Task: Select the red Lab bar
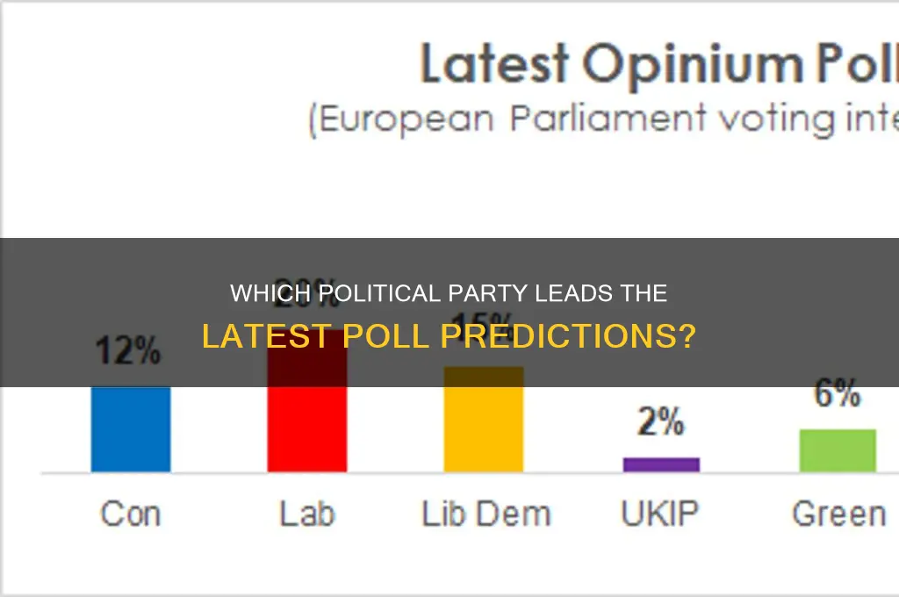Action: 307,421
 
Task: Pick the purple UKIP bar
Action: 661,464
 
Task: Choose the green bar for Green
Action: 838,450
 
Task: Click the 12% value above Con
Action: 129,352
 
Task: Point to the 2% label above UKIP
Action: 660,423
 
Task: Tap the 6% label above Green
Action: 837,395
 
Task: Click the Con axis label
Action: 131,514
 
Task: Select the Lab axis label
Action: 307,514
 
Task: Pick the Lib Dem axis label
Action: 485,514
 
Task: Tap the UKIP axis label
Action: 661,514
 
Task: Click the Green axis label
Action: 838,514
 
